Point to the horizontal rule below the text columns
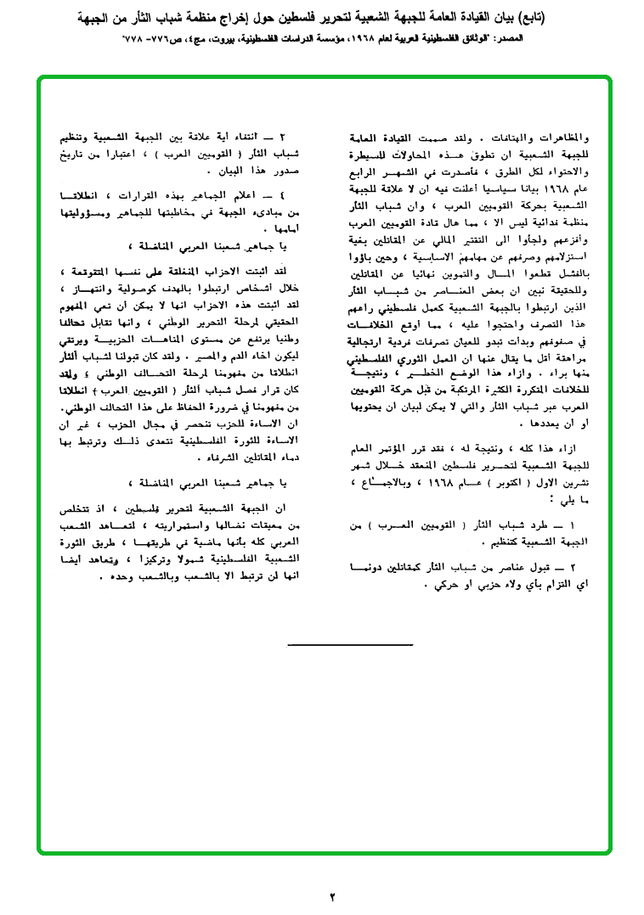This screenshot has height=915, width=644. (x=350, y=645)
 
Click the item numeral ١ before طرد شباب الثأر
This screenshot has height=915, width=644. (x=582, y=527)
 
